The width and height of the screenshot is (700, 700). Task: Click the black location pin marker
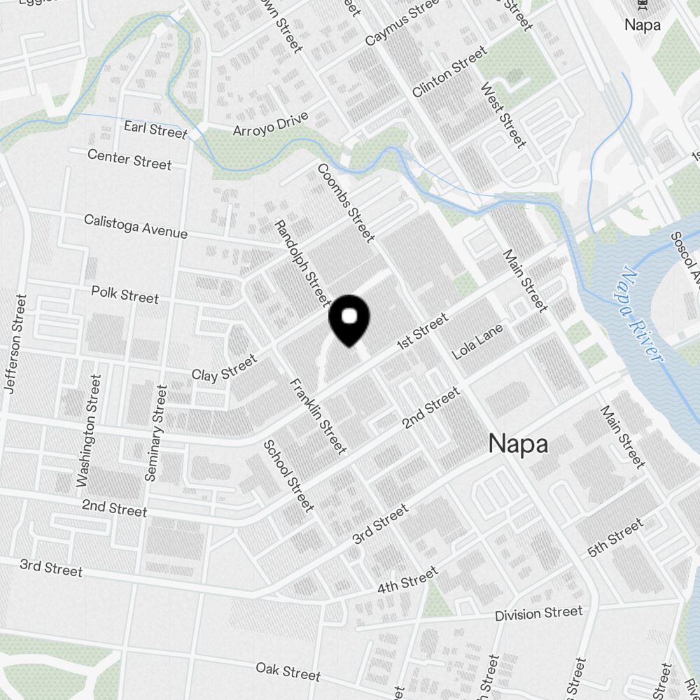point(349,319)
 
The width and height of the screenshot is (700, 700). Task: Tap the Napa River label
point(641,314)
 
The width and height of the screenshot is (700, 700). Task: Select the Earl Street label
point(155,129)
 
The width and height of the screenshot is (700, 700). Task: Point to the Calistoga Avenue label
point(136,226)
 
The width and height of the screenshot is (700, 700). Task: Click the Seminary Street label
point(155,433)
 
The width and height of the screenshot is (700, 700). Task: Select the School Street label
point(288,475)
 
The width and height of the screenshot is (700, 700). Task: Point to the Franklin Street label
point(318,415)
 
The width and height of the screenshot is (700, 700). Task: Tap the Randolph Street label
point(302,263)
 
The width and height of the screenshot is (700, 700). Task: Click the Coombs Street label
point(346,202)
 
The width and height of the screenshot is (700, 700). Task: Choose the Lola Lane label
point(478,342)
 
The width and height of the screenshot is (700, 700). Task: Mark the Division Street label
point(538,614)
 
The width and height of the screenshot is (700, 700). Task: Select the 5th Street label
point(615,538)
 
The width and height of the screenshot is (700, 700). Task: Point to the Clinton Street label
point(449,71)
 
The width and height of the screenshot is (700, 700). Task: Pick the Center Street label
point(129,159)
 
